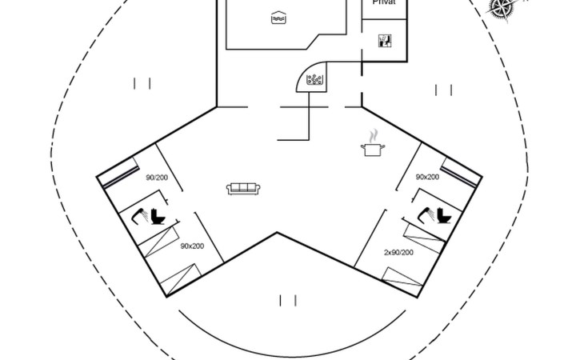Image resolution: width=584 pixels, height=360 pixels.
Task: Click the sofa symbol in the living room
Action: [243, 188]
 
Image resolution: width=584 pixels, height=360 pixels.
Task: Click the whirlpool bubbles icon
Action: [314, 79]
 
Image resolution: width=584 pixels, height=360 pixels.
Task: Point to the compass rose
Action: [502, 7]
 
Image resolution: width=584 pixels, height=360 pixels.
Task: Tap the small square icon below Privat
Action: [385, 41]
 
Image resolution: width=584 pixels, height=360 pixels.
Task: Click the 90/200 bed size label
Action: [156, 178]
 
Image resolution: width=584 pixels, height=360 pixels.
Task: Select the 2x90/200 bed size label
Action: [398, 253]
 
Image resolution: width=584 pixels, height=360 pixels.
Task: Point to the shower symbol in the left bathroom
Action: [137, 214]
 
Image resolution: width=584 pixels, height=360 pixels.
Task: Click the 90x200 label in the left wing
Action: [192, 246]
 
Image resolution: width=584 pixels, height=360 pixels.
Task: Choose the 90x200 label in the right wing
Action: [427, 177]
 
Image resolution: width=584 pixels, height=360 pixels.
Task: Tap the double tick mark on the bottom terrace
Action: [288, 301]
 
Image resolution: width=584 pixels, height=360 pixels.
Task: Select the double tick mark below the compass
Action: [443, 90]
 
